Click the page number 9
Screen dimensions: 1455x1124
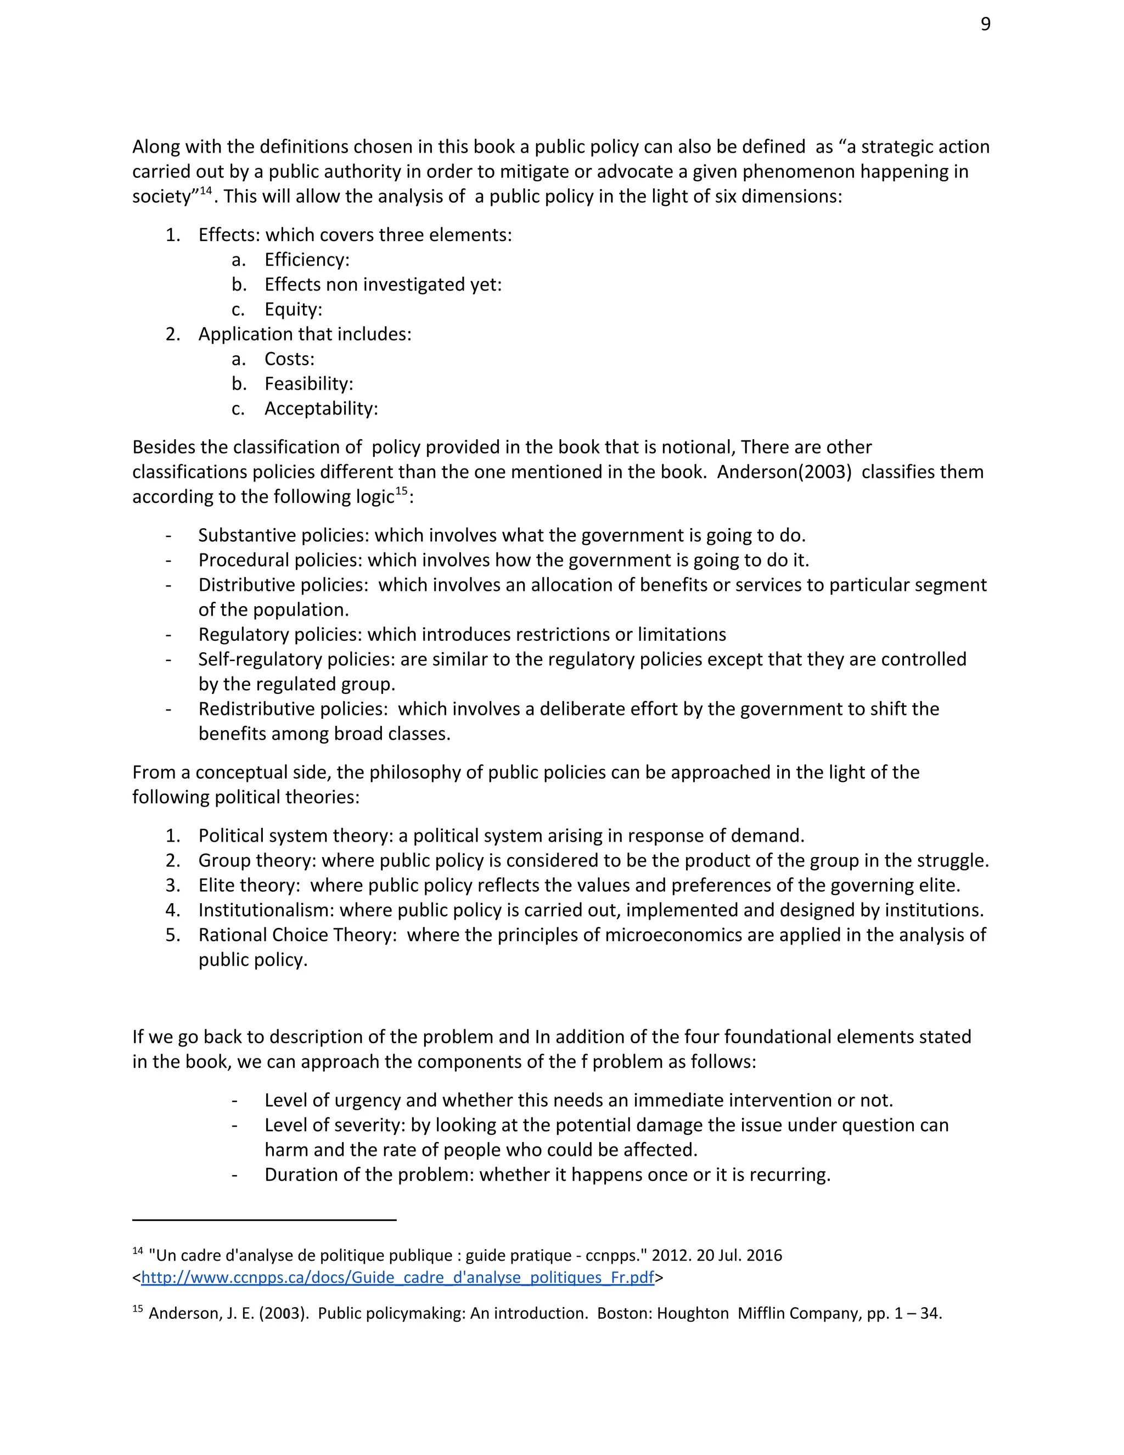(x=986, y=25)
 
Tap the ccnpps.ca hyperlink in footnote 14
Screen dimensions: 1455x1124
(x=397, y=1277)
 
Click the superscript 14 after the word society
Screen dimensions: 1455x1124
(x=205, y=191)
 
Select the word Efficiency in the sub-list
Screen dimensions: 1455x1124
(x=306, y=260)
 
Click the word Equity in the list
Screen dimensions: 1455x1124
(x=293, y=309)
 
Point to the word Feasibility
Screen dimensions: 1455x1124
(x=308, y=384)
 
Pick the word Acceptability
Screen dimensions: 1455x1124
(x=321, y=408)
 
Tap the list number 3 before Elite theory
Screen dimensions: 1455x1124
(x=172, y=886)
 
